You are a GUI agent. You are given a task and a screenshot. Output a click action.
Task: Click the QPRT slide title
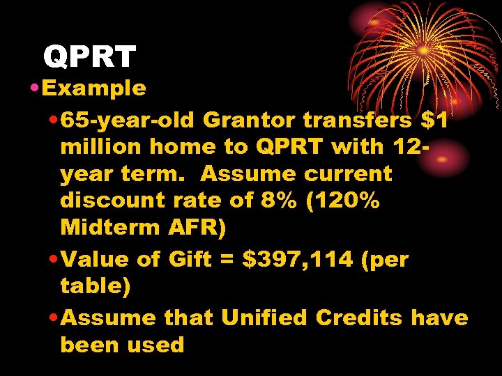89,57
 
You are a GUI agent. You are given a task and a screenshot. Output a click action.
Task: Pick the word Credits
359,318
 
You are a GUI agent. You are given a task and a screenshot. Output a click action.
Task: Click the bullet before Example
33,88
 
